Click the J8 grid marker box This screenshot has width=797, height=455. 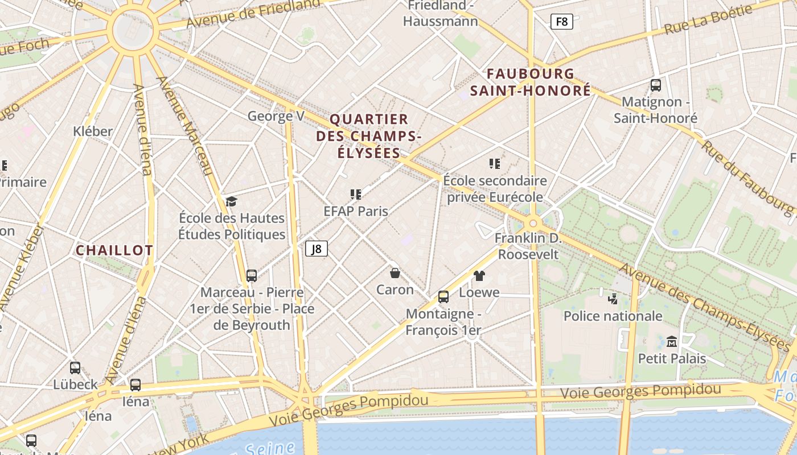pyautogui.click(x=317, y=249)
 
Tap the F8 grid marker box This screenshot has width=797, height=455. pyautogui.click(x=561, y=22)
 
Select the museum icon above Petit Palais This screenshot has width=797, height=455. pyautogui.click(x=672, y=341)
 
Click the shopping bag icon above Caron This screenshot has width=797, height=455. pyautogui.click(x=395, y=273)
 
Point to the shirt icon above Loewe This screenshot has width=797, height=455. pyautogui.click(x=479, y=276)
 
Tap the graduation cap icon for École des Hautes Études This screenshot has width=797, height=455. pyautogui.click(x=231, y=201)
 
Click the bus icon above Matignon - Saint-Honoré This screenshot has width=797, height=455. pyautogui.click(x=655, y=85)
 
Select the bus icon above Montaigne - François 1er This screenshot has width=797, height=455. pyautogui.click(x=443, y=296)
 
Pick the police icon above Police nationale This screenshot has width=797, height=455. pyautogui.click(x=613, y=299)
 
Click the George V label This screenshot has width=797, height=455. pyautogui.click(x=276, y=117)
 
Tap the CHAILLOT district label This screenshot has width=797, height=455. pyautogui.click(x=114, y=250)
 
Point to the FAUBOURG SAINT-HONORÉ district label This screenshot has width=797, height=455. pyautogui.click(x=531, y=82)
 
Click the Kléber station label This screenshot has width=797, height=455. pyautogui.click(x=93, y=131)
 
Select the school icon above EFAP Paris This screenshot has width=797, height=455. pyautogui.click(x=356, y=195)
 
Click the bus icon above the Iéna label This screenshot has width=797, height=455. pyautogui.click(x=135, y=385)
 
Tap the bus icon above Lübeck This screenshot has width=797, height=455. pyautogui.click(x=75, y=368)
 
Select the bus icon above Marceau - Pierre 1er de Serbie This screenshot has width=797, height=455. pyautogui.click(x=252, y=276)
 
